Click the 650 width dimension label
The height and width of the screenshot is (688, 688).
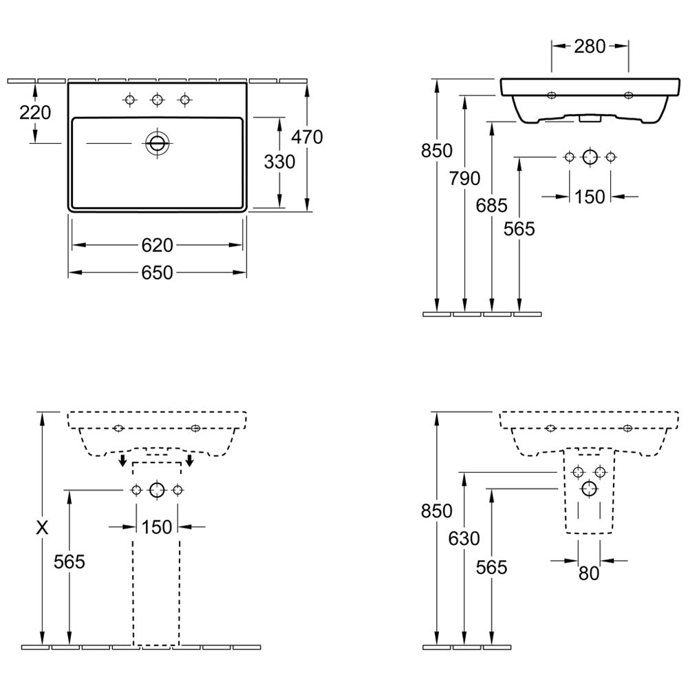click(157, 273)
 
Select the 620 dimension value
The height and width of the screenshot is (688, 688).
click(157, 246)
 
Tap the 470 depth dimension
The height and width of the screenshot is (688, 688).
click(307, 138)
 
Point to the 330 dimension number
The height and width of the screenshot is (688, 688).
click(279, 162)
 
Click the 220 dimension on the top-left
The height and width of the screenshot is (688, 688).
click(35, 113)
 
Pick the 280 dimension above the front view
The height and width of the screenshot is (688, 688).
click(590, 47)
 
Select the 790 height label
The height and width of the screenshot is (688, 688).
click(464, 179)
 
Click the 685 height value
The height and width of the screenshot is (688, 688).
click(491, 205)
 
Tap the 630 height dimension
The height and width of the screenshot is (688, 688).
click(464, 539)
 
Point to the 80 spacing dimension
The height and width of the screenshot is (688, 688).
click(589, 573)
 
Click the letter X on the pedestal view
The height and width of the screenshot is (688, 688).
click(42, 528)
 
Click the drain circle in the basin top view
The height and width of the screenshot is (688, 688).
click(157, 142)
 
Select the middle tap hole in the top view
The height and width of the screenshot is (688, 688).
click(157, 100)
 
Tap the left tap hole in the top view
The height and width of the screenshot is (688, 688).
click(129, 100)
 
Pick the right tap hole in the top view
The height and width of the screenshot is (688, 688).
click(184, 100)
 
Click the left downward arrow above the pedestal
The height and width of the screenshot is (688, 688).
click(123, 460)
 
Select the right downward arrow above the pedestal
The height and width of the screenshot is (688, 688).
click(190, 460)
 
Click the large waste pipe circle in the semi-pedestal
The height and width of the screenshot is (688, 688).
click(589, 488)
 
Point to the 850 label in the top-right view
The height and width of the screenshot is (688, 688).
click(437, 151)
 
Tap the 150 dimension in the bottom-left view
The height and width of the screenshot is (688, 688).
click(157, 527)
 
